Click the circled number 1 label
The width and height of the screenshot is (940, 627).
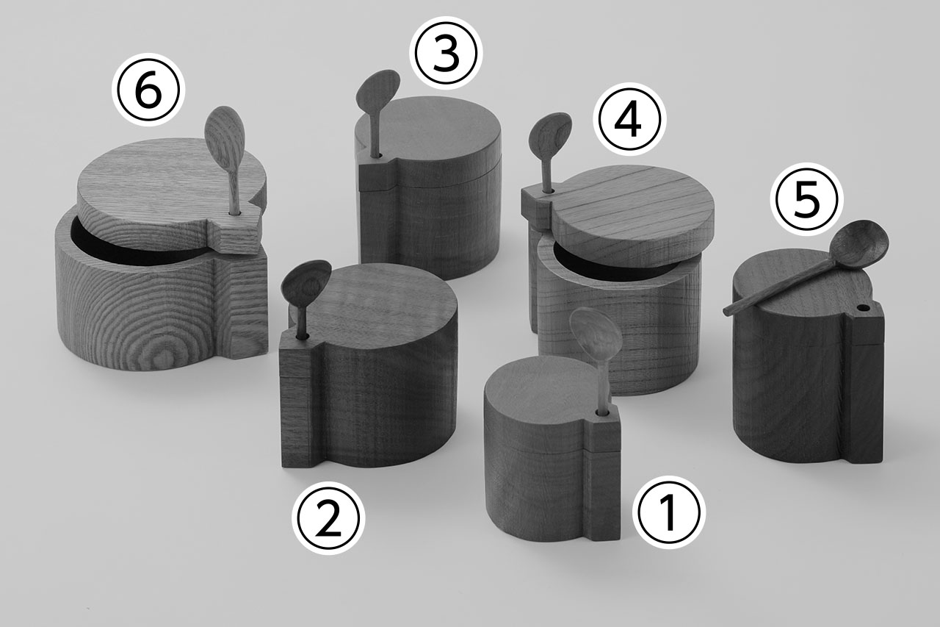pos(669,512)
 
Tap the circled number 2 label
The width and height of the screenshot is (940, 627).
pos(328,518)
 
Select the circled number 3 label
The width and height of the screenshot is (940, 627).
pos(446,53)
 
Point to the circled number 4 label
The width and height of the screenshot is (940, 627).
pos(629,119)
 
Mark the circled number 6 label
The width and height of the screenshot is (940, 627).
pos(148,90)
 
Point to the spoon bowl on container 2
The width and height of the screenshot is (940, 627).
pos(307,279)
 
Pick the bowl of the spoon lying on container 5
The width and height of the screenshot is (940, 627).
pos(858,242)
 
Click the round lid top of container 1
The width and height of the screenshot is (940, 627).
pos(541,387)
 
